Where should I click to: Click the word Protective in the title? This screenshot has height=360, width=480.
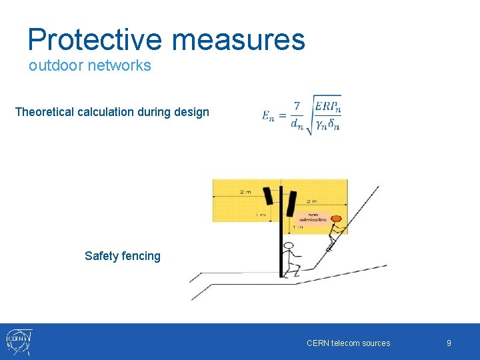95,40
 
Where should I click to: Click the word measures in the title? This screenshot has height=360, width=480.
239,40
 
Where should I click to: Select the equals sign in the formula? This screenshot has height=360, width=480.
281,116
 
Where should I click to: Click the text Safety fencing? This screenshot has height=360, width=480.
123,256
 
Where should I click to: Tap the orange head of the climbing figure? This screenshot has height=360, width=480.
337,219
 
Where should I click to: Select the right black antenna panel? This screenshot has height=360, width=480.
291,203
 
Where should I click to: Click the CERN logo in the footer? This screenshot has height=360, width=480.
19,341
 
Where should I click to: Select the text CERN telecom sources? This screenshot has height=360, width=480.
348,343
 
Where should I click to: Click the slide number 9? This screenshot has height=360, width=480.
449,343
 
